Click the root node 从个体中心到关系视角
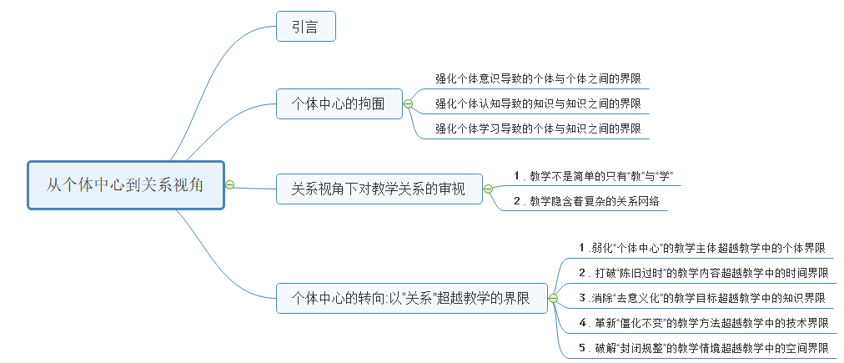125,185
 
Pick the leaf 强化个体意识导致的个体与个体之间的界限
538,79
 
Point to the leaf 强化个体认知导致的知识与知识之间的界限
538,104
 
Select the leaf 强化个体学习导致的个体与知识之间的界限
538,129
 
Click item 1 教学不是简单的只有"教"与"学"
593,175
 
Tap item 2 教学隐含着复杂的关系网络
590,201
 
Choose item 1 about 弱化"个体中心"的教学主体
702,248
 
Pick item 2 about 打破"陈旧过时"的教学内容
703,273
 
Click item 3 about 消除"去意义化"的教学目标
702,297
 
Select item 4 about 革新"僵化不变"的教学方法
703,322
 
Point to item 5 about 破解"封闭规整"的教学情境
703,347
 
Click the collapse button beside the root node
229,185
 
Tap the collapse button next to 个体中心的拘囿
408,103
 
